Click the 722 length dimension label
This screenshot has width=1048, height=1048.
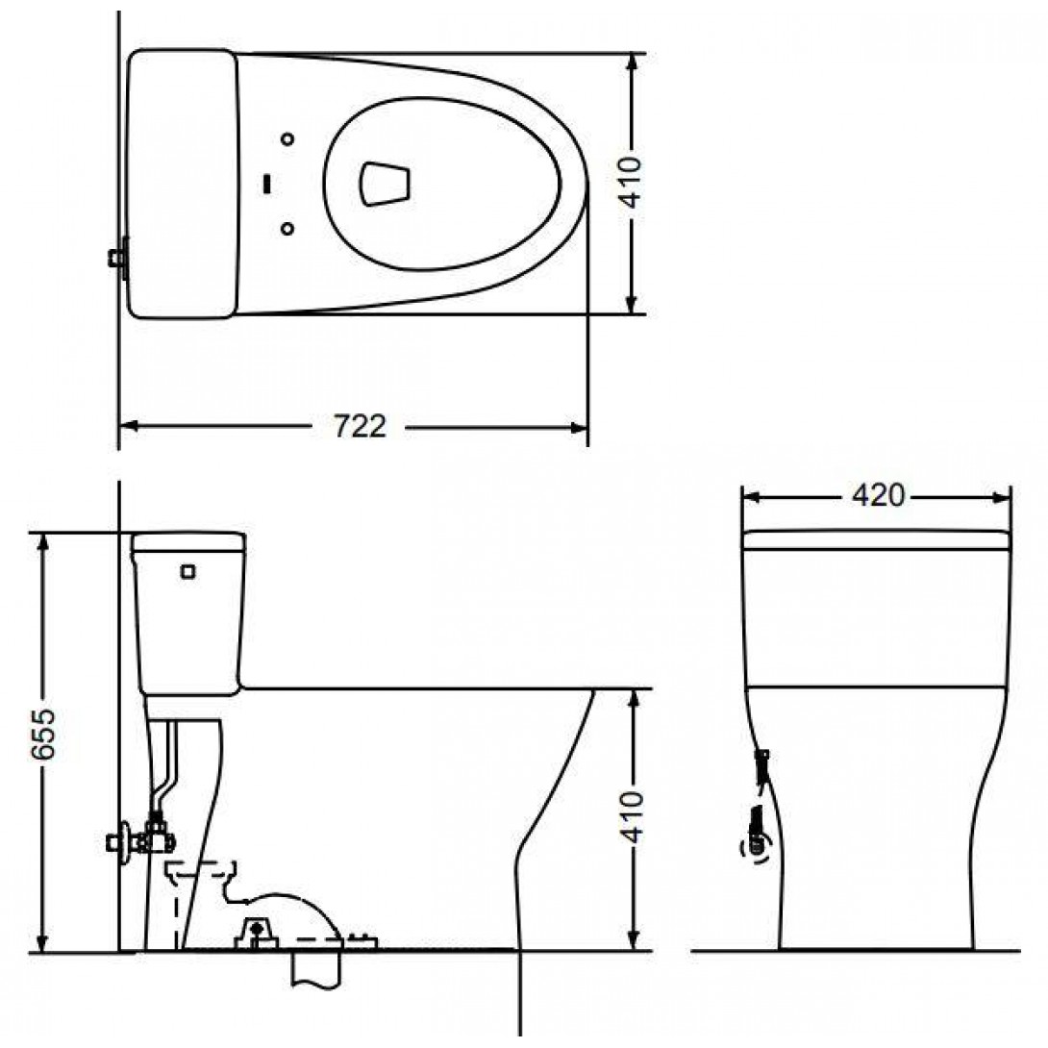[360, 427]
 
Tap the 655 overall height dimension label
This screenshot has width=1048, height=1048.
[44, 735]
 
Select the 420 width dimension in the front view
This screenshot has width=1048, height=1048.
[878, 495]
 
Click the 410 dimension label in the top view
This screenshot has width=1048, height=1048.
[632, 183]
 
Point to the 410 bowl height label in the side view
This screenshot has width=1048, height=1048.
[632, 816]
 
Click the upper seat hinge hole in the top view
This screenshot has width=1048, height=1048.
[288, 139]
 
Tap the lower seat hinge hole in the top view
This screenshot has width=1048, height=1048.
[288, 229]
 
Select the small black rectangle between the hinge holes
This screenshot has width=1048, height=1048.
[268, 183]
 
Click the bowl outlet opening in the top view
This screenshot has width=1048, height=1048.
[385, 183]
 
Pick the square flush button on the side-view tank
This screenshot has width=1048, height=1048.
[188, 571]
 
